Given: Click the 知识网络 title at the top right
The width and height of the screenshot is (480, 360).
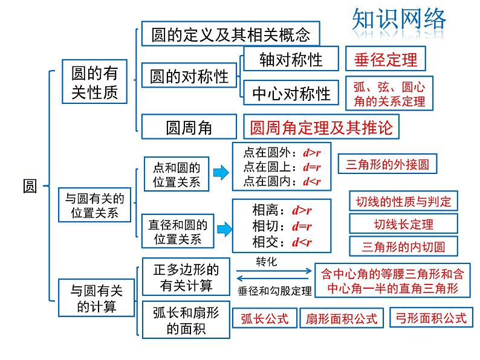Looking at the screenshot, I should (398, 20).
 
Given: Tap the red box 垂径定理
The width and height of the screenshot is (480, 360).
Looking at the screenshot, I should (386, 60).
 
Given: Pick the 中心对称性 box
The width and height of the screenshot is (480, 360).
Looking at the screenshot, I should (291, 93).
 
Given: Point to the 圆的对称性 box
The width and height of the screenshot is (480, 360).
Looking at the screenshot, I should (189, 77).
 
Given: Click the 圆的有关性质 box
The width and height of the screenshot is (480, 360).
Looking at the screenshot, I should (94, 83).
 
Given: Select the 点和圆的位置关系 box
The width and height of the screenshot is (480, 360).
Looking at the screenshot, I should (177, 174).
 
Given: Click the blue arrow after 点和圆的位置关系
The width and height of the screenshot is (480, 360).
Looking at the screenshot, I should (221, 173).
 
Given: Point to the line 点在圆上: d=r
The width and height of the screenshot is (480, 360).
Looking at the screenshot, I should (281, 167).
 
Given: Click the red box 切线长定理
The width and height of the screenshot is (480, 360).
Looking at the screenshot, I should (403, 224).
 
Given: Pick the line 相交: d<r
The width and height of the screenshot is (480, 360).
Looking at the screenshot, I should (281, 242).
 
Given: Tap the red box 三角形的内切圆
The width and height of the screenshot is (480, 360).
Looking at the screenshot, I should (403, 246).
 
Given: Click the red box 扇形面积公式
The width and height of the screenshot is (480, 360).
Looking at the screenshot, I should (342, 318).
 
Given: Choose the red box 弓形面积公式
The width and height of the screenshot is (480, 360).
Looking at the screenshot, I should (430, 317).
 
